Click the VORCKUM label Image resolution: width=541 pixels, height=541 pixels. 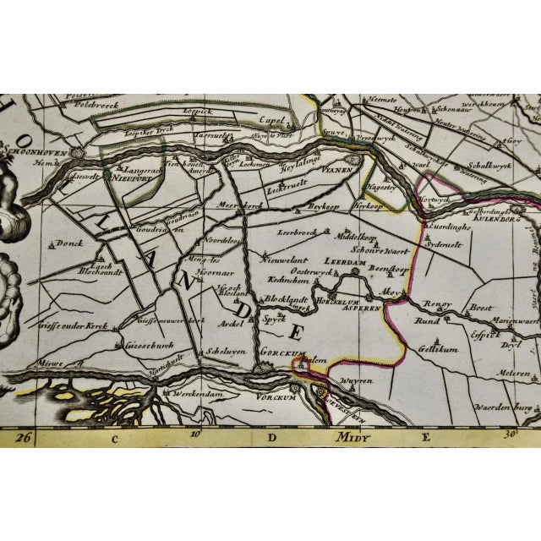click(270, 395)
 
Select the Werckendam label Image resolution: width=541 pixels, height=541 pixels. click(190, 395)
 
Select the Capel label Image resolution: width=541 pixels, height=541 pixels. click(269, 120)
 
